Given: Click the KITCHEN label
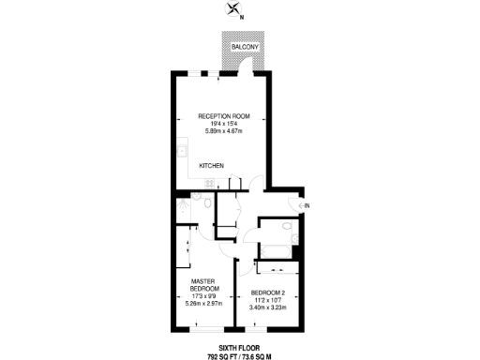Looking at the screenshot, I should coord(212,166).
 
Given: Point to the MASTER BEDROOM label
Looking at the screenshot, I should coord(204,284).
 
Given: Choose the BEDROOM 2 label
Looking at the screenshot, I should coord(267,292).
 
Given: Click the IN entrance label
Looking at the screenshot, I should coord(306,205).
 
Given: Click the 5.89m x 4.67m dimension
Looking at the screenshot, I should coord(220,130).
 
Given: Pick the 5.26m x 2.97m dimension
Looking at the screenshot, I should coord(204,303).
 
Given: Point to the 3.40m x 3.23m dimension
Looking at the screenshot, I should coord(267,307).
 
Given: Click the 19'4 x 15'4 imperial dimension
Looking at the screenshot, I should coord(220,123).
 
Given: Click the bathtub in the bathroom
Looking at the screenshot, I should coord(277,250).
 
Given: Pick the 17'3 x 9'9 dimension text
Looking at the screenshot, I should coord(204,296).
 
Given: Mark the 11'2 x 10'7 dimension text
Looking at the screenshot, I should coord(267,300).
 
